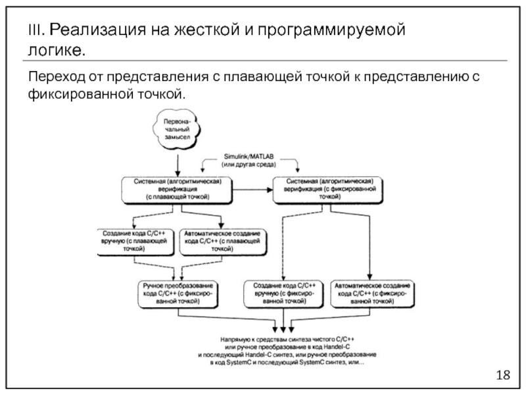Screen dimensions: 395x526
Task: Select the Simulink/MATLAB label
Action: [249, 157]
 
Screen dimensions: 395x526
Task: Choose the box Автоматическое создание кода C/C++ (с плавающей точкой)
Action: [222, 241]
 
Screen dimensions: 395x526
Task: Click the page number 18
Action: [504, 375]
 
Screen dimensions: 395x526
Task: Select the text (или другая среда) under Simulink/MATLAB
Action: [249, 165]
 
